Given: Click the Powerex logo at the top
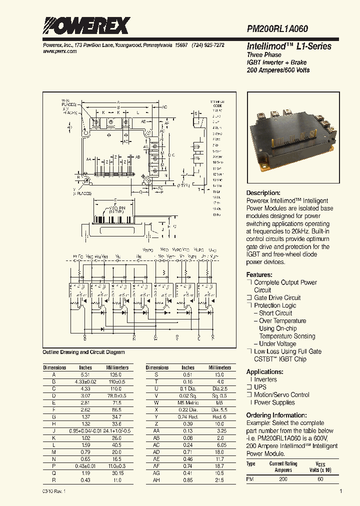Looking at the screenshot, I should pyautogui.click(x=86, y=25).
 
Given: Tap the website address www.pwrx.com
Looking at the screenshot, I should pyautogui.click(x=56, y=51).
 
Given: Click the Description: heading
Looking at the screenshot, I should pyautogui.click(x=263, y=193).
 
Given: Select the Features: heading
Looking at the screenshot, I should pyautogui.click(x=259, y=275).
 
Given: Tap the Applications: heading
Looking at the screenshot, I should pyautogui.click(x=265, y=372).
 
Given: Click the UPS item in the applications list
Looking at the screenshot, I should pyautogui.click(x=261, y=387).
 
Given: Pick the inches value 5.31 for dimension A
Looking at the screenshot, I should pyautogui.click(x=85, y=374).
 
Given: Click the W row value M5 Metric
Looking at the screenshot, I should pyautogui.click(x=188, y=402).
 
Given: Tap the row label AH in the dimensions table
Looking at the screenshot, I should pyautogui.click(x=156, y=480).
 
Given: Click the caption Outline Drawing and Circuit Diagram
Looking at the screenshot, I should pyautogui.click(x=83, y=352).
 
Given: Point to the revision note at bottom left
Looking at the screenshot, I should pyautogui.click(x=53, y=492).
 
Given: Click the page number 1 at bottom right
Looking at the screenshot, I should pyautogui.click(x=340, y=492).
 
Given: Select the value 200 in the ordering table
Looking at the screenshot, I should pyautogui.click(x=283, y=479).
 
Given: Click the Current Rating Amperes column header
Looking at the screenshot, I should pyautogui.click(x=283, y=467).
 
